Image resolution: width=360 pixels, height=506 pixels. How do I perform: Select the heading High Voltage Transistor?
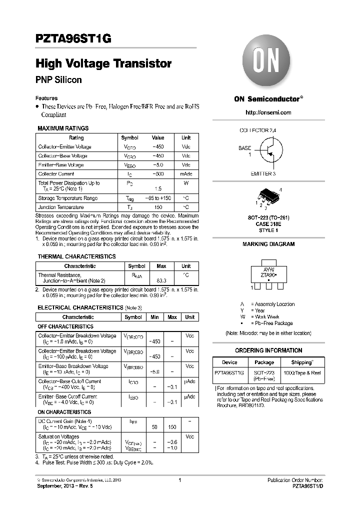(103, 63)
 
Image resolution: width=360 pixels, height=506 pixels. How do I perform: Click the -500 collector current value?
(158, 174)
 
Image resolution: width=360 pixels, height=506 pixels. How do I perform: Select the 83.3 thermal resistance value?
(161, 281)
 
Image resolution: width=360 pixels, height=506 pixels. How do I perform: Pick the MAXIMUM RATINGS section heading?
(63, 128)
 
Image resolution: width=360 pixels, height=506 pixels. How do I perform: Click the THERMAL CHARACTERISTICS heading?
(76, 256)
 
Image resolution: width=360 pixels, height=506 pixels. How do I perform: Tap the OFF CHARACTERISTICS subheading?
(65, 326)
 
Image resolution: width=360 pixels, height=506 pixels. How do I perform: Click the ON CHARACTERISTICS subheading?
(64, 412)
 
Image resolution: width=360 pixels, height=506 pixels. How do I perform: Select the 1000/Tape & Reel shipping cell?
(302, 373)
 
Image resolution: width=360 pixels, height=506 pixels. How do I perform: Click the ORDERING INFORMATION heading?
(268, 350)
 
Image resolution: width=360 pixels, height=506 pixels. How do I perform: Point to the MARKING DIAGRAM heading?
(268, 244)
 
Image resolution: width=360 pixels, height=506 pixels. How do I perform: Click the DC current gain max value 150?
(172, 427)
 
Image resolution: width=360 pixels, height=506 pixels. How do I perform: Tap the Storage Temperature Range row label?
(68, 198)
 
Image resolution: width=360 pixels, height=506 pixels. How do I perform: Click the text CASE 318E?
(268, 224)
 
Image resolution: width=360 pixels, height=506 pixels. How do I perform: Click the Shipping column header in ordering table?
(302, 362)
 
